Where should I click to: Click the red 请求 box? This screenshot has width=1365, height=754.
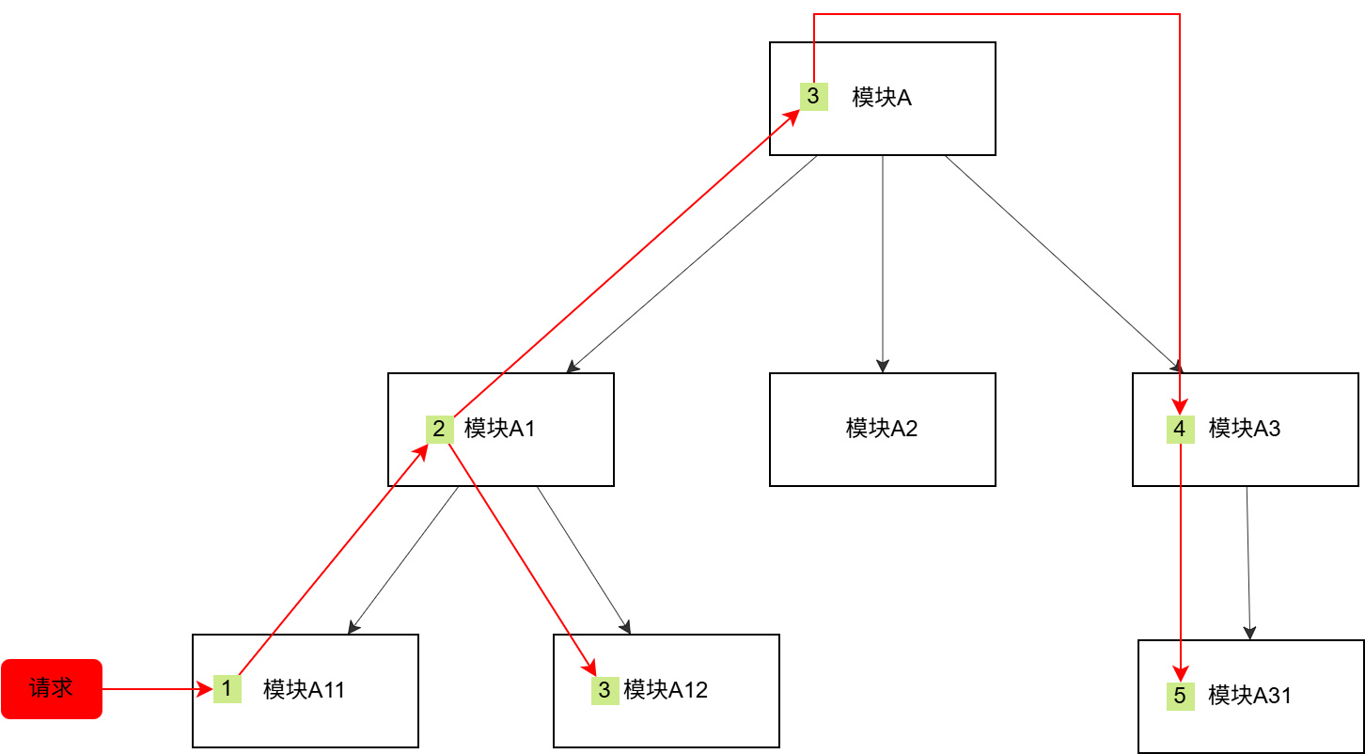click(52, 688)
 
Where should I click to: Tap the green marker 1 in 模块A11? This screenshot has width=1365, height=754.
click(227, 688)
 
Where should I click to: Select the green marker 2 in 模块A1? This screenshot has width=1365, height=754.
click(439, 429)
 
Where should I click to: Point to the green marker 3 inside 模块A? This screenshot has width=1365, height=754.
click(813, 96)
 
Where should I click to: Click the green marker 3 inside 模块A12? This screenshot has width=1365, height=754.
click(604, 690)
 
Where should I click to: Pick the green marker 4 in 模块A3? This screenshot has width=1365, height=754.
click(1180, 429)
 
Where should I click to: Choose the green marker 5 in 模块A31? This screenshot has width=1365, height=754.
click(1181, 696)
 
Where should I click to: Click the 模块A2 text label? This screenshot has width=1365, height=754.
click(882, 429)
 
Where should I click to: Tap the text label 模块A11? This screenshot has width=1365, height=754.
click(305, 690)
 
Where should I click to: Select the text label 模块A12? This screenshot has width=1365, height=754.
click(666, 690)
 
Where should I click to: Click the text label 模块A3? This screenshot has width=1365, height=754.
click(1245, 429)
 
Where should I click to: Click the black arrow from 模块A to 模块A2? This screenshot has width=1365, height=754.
click(883, 263)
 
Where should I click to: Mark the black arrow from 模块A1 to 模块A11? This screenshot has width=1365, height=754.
click(403, 559)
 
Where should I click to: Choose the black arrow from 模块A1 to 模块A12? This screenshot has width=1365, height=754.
click(583, 559)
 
